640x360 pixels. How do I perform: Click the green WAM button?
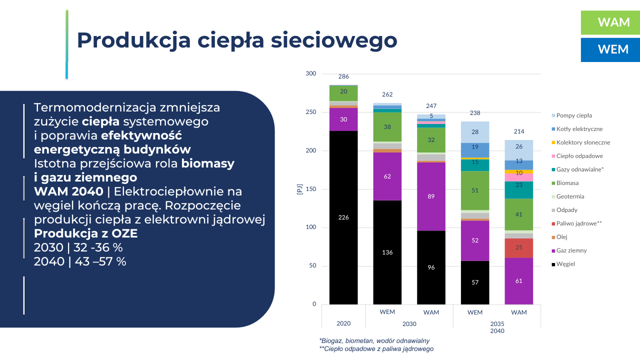pos(610,22)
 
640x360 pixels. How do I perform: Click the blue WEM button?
pos(610,49)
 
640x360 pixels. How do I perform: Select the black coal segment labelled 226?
pos(343,217)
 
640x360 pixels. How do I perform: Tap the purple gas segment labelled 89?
pos(431,196)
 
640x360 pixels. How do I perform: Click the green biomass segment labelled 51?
pos(475,190)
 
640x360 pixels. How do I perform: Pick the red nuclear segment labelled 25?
pos(519,247)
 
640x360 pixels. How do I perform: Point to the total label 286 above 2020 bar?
pos(343,76)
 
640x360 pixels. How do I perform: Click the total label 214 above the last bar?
pos(519,131)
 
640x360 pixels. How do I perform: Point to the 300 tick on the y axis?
pos(311,74)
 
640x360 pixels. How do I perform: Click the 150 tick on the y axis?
pos(311,189)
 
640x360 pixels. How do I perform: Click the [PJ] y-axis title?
pos(299,189)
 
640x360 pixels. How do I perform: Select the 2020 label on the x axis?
pos(343,323)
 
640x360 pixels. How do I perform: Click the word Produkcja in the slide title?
pos(133,40)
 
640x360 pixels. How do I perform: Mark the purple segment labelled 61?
pos(519,281)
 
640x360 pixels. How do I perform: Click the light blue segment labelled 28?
pos(475,132)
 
